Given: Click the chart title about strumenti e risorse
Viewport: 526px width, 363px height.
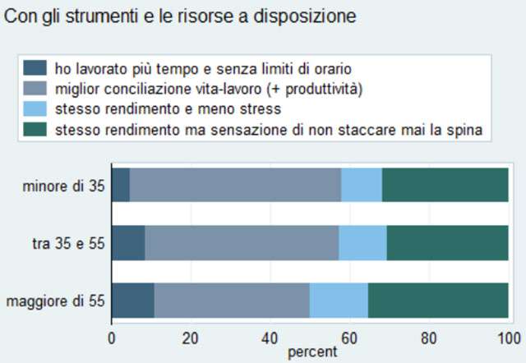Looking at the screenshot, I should pyautogui.click(x=180, y=16).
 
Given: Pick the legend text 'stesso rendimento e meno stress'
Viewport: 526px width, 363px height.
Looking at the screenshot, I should pyautogui.click(x=168, y=108).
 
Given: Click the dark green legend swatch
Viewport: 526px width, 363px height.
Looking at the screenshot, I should pyautogui.click(x=35, y=129).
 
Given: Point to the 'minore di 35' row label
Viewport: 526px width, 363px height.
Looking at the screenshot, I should pyautogui.click(x=64, y=187).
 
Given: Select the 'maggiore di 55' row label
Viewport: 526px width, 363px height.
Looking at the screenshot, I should pyautogui.click(x=55, y=301).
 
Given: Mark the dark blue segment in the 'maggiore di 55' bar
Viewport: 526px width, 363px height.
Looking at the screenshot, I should pyautogui.click(x=132, y=301).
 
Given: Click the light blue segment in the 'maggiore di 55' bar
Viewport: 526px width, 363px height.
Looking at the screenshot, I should pyautogui.click(x=339, y=301).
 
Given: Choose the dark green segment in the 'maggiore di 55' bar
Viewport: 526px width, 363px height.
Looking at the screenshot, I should pyautogui.click(x=438, y=301).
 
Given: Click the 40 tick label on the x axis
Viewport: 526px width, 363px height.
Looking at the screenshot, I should pyautogui.click(x=270, y=338).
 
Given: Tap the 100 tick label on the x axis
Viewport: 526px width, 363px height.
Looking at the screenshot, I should pyautogui.click(x=508, y=338).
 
